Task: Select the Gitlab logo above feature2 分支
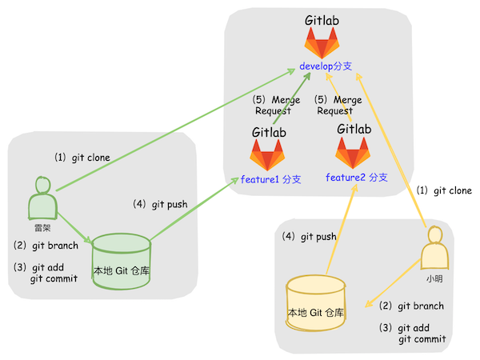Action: coord(352,152)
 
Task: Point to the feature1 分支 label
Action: coord(270,179)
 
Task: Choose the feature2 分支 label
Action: coord(357,176)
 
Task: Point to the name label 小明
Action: coord(434,281)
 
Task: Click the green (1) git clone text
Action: coord(82,158)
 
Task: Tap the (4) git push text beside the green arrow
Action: coord(160,204)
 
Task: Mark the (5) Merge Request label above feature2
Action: coord(336,105)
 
